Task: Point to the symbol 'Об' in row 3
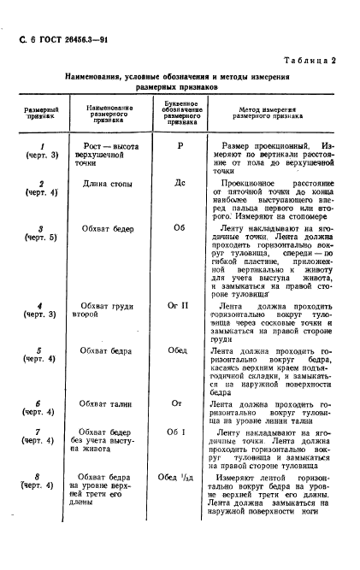(180, 229)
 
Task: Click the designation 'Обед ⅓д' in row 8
(180, 478)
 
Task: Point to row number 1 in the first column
(41, 146)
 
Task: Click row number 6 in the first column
(41, 400)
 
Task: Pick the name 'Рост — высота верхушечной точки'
(108, 151)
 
